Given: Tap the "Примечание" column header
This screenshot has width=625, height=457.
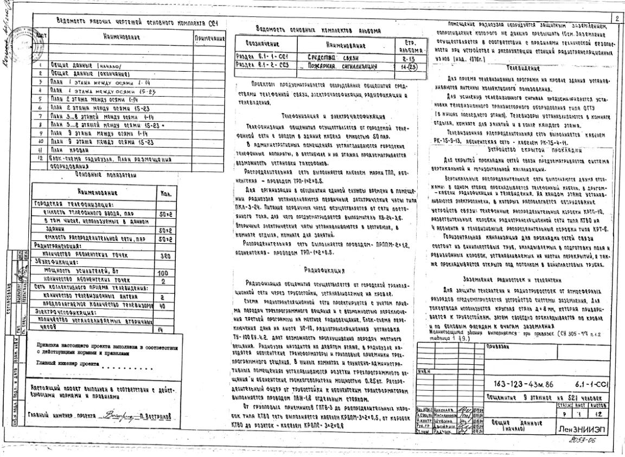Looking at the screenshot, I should click(209, 39).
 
